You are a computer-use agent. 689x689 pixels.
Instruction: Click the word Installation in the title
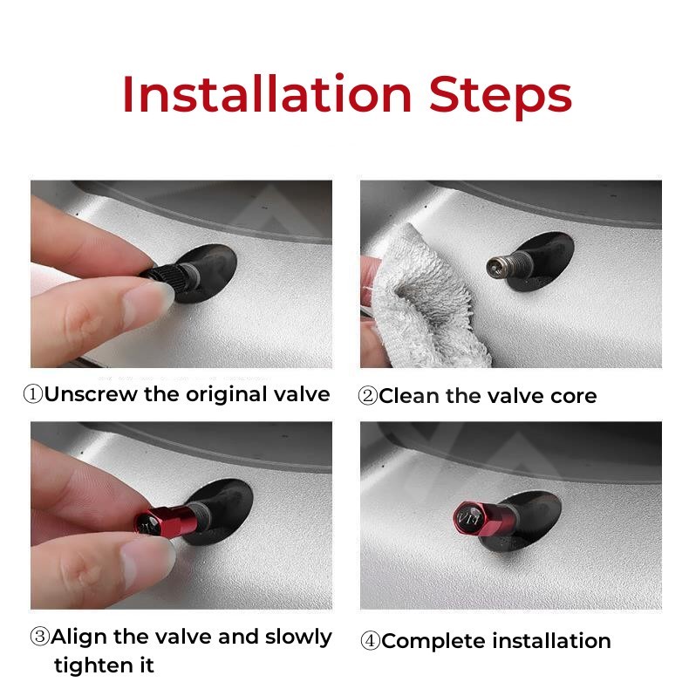pos(267,94)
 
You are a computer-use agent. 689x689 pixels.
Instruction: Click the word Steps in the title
pos(501,97)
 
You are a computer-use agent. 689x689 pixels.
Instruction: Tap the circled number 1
pos(32,394)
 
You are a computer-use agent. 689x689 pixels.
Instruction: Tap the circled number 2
pos(368,396)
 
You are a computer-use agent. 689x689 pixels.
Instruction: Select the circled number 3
pos(39,637)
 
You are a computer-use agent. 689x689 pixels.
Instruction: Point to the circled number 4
pos(370,641)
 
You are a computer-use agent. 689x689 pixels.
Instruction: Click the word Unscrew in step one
pos(91,394)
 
